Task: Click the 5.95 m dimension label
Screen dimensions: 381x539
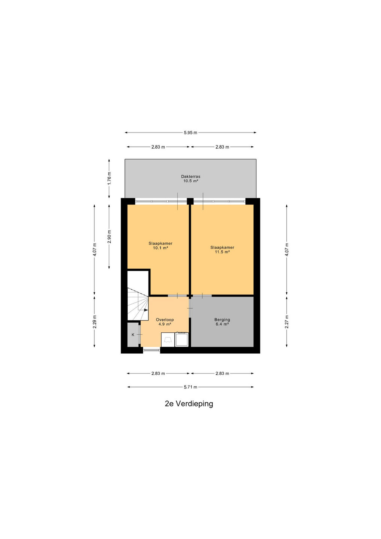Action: (190, 133)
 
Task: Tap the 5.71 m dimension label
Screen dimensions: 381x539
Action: (190, 387)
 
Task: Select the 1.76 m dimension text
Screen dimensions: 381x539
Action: (109, 178)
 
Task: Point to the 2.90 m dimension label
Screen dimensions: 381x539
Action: (109, 237)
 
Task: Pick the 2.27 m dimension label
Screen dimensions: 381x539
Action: (287, 322)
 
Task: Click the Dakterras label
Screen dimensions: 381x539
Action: (190, 176)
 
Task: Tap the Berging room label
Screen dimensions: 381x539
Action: (222, 320)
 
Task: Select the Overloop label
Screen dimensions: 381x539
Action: (165, 320)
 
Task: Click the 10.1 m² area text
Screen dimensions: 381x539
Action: (161, 248)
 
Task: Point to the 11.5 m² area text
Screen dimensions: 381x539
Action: (222, 252)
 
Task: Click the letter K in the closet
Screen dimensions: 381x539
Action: (133, 335)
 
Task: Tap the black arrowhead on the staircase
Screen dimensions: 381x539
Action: (146, 310)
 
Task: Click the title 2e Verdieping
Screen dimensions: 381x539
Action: (189, 404)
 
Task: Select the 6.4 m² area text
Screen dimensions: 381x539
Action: (222, 324)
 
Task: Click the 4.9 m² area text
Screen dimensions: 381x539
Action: (165, 324)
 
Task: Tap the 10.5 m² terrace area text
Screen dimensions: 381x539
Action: (190, 181)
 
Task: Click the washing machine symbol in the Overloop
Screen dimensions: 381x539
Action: (182, 339)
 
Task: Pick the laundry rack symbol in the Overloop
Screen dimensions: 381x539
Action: (168, 340)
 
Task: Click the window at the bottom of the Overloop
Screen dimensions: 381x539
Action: (152, 350)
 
